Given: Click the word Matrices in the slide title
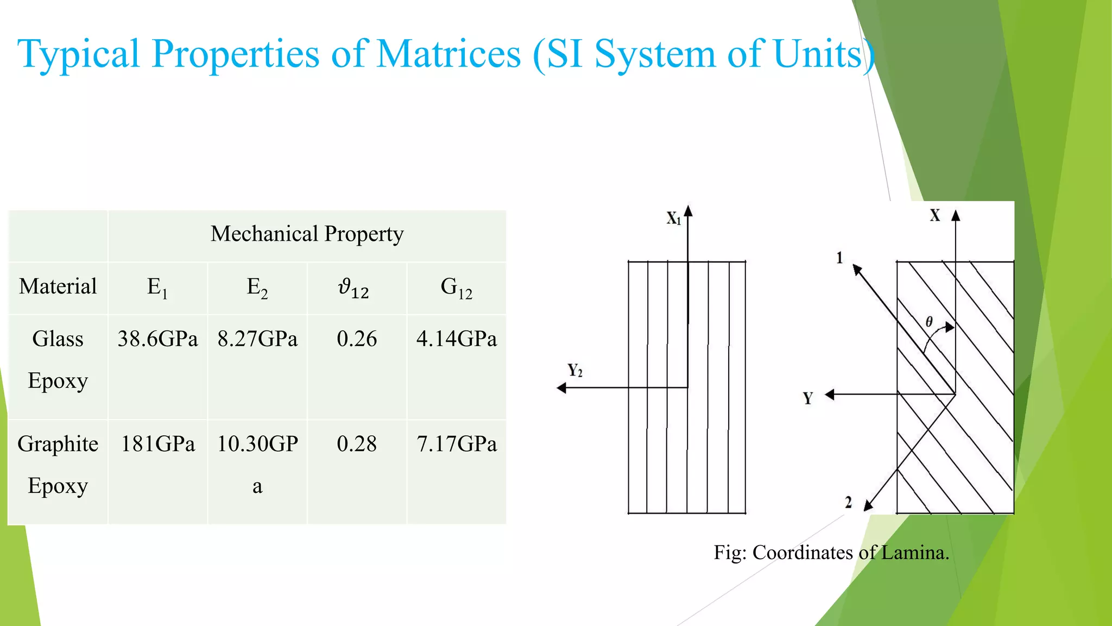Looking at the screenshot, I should (448, 54).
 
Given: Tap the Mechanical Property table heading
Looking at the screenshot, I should (307, 234).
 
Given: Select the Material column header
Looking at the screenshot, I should (58, 286).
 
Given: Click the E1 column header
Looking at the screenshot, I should (157, 287).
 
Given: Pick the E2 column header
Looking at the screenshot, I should (257, 287).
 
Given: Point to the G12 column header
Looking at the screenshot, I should (456, 287).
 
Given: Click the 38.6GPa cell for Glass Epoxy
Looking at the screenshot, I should (157, 339).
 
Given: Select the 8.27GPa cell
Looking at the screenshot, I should (257, 339).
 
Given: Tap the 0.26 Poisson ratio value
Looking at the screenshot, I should (357, 339).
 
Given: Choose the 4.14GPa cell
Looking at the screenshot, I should (456, 339).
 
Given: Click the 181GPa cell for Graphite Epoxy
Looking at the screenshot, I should (157, 444).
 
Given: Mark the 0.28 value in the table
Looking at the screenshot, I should (357, 444).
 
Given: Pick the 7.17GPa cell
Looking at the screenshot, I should (456, 444).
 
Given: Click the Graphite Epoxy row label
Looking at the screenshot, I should (58, 465).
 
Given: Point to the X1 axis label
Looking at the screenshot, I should (674, 218).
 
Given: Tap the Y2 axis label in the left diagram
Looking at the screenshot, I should (575, 371).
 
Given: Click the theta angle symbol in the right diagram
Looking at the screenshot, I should (929, 322).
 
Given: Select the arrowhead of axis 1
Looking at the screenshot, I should (857, 269).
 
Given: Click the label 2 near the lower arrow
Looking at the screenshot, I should (848, 503).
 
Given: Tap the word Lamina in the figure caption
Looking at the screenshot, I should (914, 553).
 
